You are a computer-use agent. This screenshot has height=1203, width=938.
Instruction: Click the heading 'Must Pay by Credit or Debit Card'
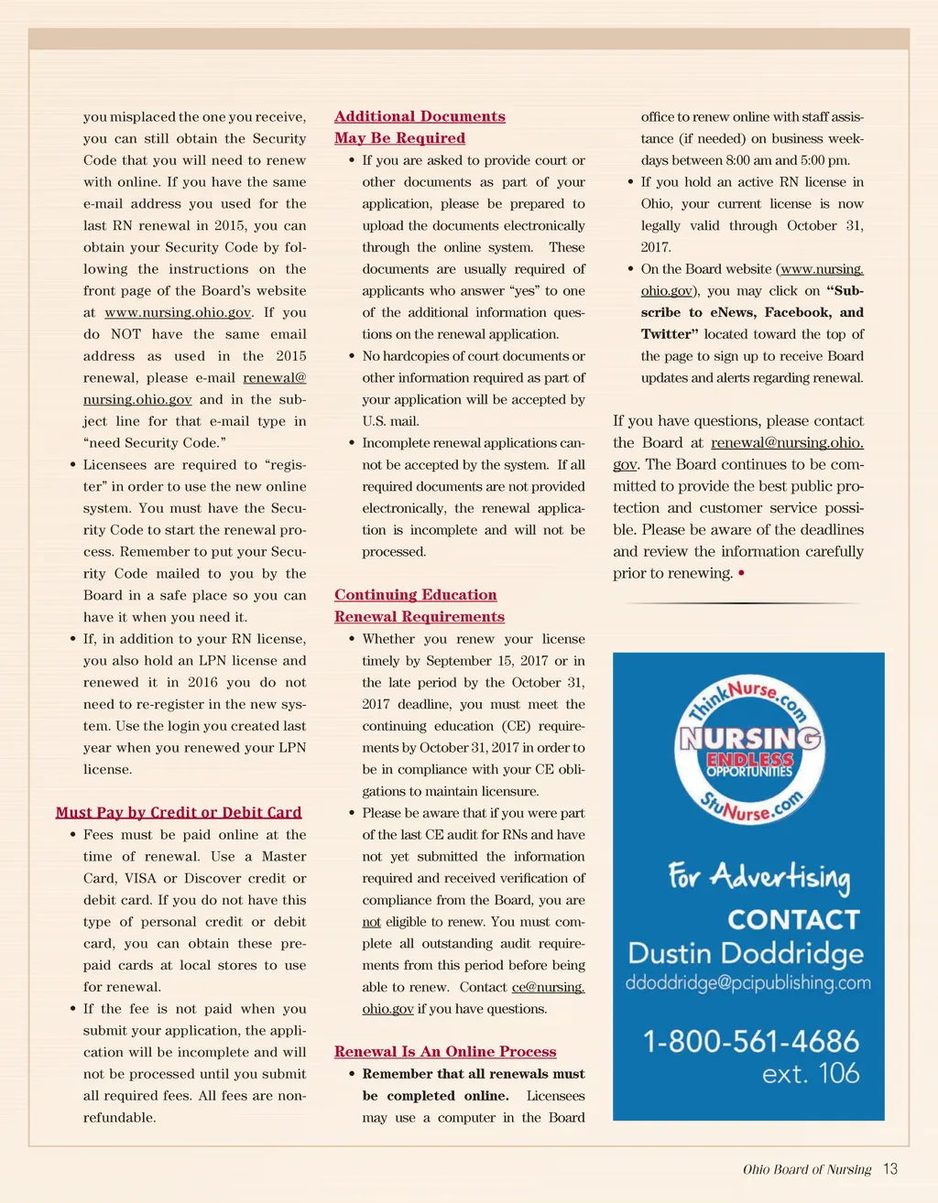(x=179, y=813)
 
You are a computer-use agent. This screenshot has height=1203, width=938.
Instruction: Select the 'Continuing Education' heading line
(x=415, y=595)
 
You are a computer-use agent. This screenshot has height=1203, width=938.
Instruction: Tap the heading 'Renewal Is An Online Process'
(x=445, y=1052)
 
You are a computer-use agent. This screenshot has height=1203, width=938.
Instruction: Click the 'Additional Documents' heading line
(x=420, y=116)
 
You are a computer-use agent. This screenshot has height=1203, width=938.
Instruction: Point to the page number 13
(x=890, y=1169)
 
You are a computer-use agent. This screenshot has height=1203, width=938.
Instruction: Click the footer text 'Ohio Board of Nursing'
(x=807, y=1170)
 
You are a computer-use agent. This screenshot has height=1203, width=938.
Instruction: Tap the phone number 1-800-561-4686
(x=751, y=1042)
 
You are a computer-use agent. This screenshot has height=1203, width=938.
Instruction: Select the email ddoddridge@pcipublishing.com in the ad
(x=747, y=983)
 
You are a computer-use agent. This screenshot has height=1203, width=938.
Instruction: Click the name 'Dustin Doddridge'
(x=746, y=953)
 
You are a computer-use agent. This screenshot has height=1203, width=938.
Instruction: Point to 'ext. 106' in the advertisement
(x=811, y=1073)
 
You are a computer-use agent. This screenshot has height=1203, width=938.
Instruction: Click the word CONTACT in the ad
(x=793, y=919)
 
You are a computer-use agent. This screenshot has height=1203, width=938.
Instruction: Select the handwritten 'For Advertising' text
(x=758, y=878)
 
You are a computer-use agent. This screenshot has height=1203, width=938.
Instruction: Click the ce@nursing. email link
(x=548, y=987)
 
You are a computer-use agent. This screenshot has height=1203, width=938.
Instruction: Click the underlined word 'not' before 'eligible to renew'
(x=371, y=922)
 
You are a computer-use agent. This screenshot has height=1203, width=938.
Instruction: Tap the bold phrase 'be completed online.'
(x=435, y=1096)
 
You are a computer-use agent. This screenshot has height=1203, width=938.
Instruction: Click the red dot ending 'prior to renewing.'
(x=740, y=574)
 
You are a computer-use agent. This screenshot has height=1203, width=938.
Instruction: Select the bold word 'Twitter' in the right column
(x=670, y=334)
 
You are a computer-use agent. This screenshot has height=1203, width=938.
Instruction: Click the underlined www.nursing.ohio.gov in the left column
(x=178, y=313)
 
